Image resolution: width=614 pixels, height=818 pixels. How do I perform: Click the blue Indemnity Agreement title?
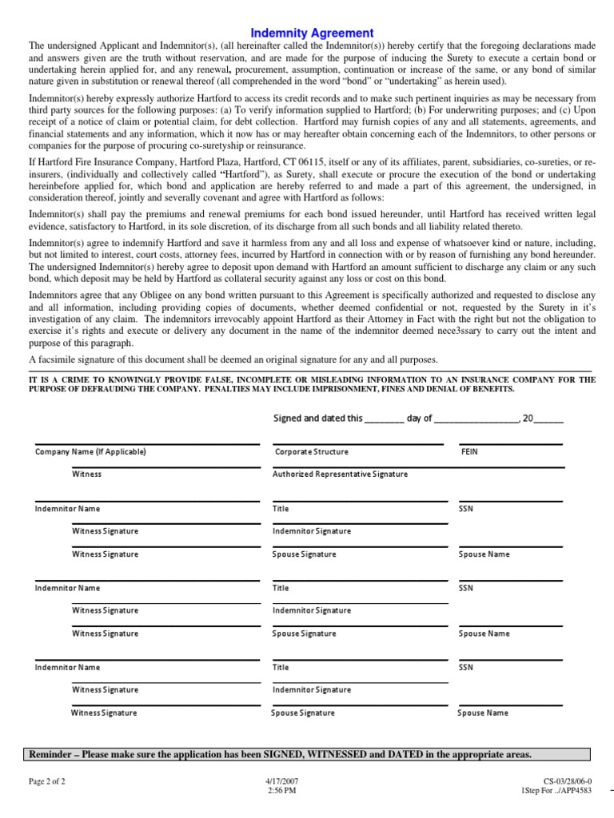312,33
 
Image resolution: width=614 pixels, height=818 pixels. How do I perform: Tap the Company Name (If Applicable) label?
90,452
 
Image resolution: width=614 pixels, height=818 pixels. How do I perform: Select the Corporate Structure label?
312,452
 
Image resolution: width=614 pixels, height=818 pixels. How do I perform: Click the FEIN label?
469,452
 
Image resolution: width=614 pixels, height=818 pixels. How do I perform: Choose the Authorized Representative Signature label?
340,475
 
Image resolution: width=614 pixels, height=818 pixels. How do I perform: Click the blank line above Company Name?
146,444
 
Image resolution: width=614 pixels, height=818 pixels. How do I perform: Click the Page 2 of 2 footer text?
47,782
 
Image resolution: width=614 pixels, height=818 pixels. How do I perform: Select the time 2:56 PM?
282,792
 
